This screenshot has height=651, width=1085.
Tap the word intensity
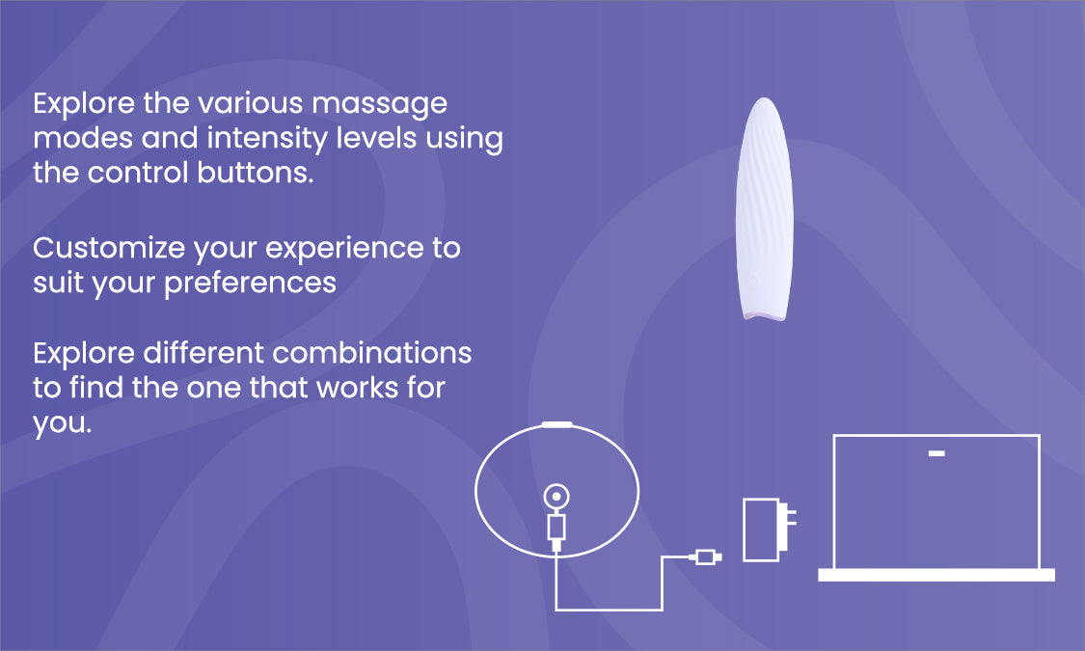click(267, 139)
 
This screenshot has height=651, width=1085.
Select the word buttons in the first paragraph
click(256, 173)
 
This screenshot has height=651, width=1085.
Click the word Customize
click(109, 248)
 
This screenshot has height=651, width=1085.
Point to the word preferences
click(250, 284)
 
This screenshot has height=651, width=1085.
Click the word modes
click(83, 138)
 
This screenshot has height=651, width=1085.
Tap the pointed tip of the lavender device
click(764, 99)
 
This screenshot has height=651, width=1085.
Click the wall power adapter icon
click(769, 529)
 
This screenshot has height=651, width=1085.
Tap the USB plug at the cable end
click(705, 556)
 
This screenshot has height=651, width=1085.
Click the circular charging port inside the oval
click(556, 496)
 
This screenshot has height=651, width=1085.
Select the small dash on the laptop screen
click(936, 454)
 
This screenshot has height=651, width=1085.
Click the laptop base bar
click(936, 575)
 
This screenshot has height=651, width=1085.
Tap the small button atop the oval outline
click(557, 424)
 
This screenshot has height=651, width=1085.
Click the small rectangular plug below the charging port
click(556, 528)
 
